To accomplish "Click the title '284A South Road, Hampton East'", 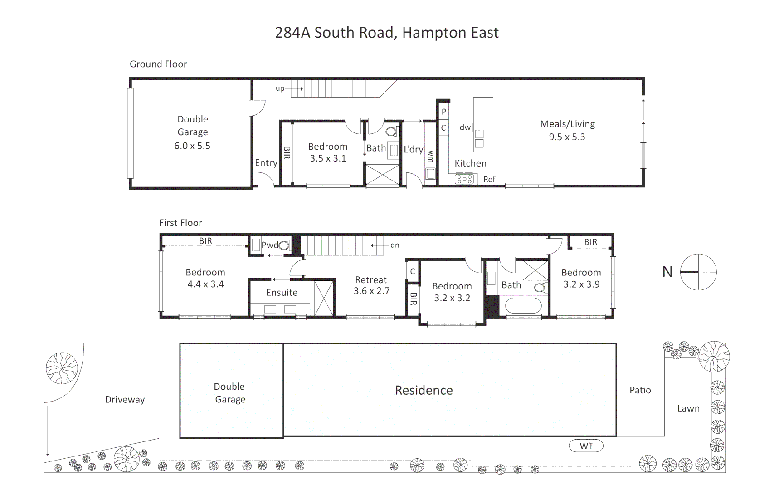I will point(387,33).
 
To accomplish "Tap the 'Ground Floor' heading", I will point(158,64).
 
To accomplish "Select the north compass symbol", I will point(698,272).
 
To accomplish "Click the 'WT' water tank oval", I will point(586,446).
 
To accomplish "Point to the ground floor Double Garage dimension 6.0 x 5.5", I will point(192,146).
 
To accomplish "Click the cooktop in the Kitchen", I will point(464,180).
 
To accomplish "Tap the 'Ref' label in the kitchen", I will point(489,179).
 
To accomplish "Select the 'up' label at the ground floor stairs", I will point(280,88).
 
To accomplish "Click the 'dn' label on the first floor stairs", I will point(394,245).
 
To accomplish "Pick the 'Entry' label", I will point(266,163).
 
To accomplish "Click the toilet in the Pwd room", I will point(284,246).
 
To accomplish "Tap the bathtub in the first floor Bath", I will point(523,305).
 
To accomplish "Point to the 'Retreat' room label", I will point(371,280).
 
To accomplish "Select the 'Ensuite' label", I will point(282,293).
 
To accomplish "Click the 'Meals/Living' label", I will point(567,124).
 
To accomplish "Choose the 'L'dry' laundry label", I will point(413,149).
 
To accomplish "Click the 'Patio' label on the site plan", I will point(640,390).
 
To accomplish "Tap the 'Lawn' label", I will point(688,408).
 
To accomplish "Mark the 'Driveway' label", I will point(125,400).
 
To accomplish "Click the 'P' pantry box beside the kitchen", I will point(444,112).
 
